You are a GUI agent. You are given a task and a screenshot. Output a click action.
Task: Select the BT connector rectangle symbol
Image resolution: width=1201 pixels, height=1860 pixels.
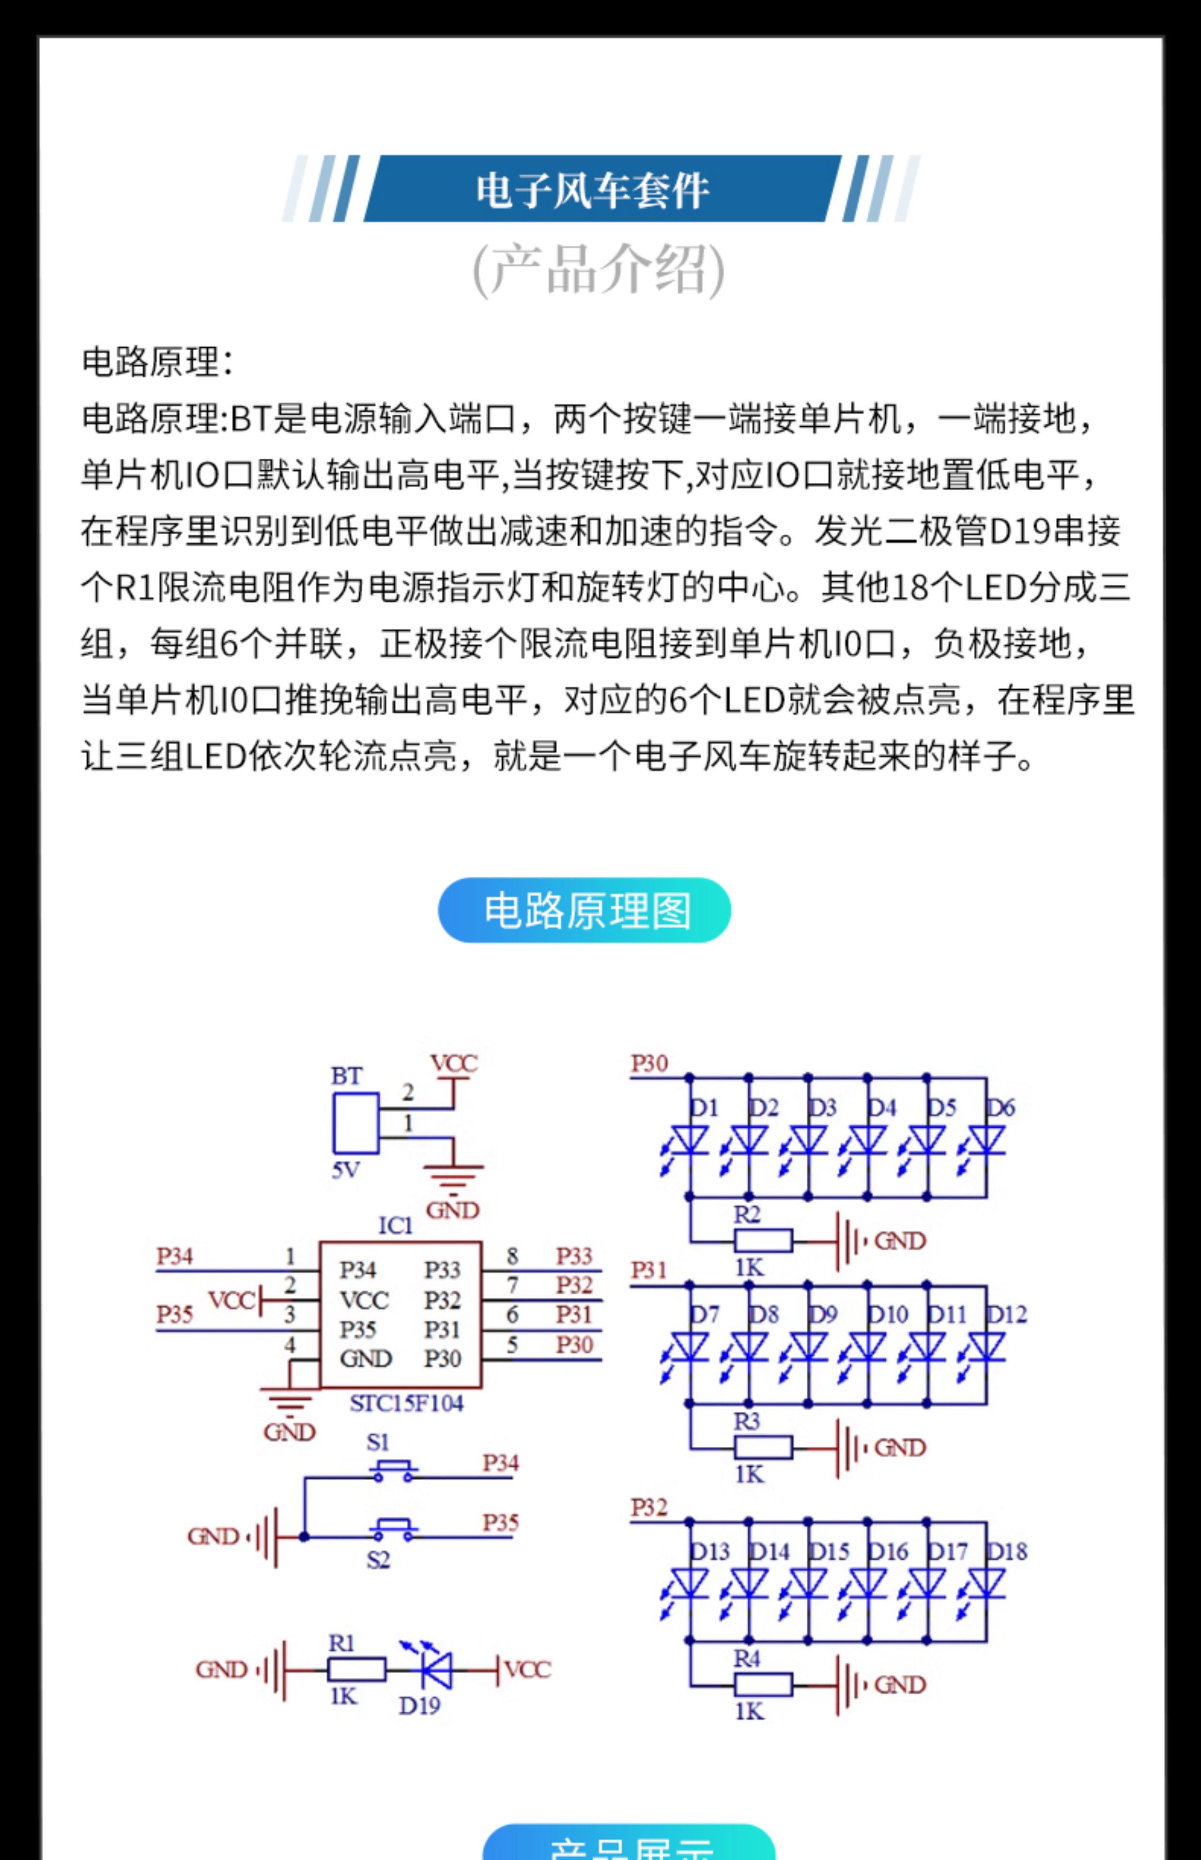[x=355, y=1123]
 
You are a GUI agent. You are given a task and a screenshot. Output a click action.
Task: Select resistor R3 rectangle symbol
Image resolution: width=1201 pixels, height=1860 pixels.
[x=763, y=1447]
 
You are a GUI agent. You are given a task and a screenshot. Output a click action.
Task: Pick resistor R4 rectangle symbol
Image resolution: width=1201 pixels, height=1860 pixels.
[x=763, y=1685]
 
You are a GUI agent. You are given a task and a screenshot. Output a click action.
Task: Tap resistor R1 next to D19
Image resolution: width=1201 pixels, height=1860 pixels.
[x=355, y=1669]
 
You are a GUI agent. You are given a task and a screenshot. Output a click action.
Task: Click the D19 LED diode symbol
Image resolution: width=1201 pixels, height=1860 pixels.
[x=437, y=1669]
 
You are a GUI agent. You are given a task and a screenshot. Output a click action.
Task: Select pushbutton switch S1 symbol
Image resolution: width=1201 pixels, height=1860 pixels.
[x=392, y=1468]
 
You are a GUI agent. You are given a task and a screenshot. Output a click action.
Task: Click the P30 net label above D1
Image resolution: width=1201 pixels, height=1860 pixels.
[x=649, y=1064]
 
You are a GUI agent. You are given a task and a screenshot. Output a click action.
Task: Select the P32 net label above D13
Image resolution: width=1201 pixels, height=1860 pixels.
[x=649, y=1507]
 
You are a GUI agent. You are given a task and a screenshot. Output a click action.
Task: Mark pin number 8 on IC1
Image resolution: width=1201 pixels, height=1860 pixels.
[x=511, y=1255]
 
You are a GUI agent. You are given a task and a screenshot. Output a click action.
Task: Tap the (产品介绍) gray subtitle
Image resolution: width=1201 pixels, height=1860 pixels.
[x=599, y=269]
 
